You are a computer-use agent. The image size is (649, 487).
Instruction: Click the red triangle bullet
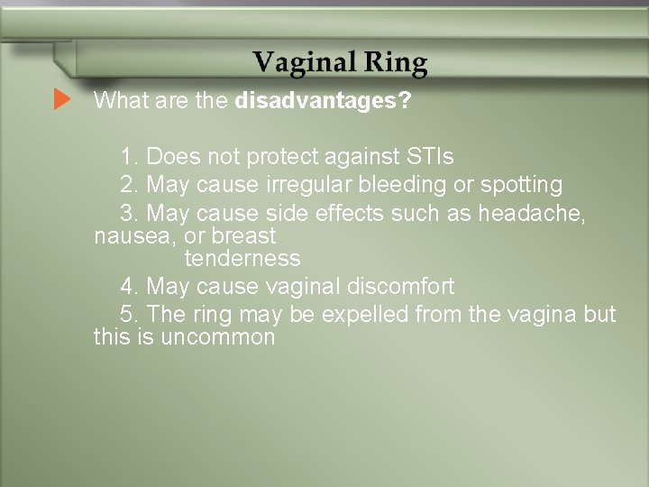(61, 99)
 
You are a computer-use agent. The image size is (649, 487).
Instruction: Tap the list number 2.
(128, 186)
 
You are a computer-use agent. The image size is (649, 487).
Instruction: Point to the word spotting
(519, 186)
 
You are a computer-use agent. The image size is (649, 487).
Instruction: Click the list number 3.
(128, 215)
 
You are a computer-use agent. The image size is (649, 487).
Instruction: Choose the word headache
(547, 215)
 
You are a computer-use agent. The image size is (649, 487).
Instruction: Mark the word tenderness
(242, 259)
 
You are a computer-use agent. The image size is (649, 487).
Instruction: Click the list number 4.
(128, 288)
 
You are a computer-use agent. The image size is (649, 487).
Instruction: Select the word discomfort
(400, 288)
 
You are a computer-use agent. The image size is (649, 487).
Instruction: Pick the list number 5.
(128, 316)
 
